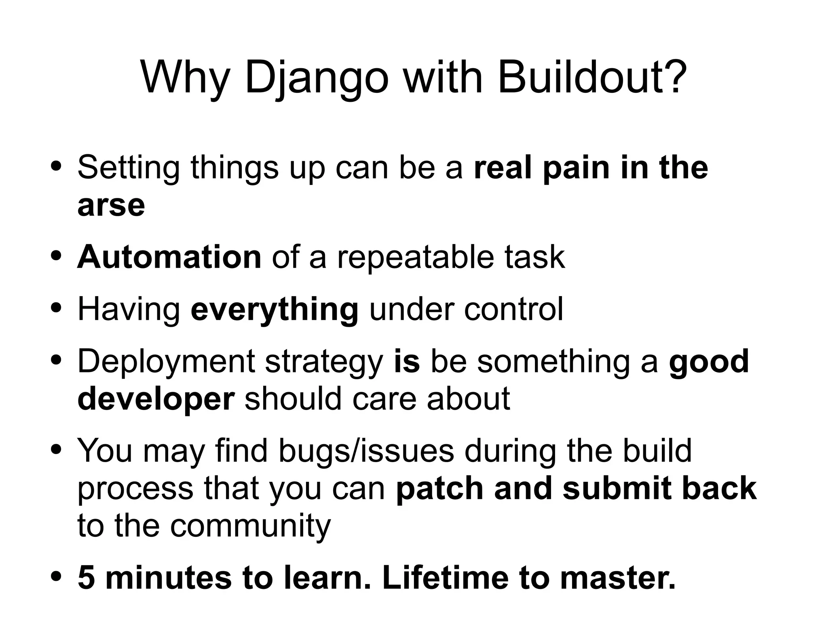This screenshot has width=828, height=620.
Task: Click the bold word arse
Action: pos(111,206)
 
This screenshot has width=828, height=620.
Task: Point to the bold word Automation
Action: pos(169,257)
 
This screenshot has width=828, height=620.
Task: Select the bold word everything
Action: pos(275,310)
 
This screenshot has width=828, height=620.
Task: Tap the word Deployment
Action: pos(166,361)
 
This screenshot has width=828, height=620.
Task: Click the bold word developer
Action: pos(156,399)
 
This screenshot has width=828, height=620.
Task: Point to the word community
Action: pos(250,525)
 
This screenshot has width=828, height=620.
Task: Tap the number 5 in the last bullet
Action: pos(86,578)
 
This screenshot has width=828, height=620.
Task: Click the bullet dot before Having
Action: pos(57,309)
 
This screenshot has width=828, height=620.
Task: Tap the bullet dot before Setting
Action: pos(57,166)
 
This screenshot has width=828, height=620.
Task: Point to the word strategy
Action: pos(324,362)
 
